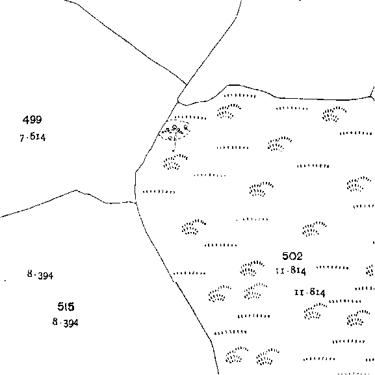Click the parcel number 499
pyautogui.click(x=32, y=120)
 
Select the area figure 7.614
pyautogui.click(x=32, y=137)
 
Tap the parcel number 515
pyautogui.click(x=66, y=306)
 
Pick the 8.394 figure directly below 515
pyautogui.click(x=65, y=322)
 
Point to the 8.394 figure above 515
pyautogui.click(x=40, y=275)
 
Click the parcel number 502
pyautogui.click(x=292, y=256)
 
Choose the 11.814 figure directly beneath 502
pyautogui.click(x=291, y=271)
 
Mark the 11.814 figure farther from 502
pyautogui.click(x=310, y=292)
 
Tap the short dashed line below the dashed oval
pyautogui.click(x=175, y=146)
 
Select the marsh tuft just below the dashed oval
pyautogui.click(x=175, y=162)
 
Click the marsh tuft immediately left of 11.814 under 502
pyautogui.click(x=252, y=268)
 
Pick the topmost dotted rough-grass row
pyautogui.click(x=240, y=96)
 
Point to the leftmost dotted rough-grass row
pyautogui.click(x=159, y=192)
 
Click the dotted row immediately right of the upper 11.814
pyautogui.click(x=332, y=268)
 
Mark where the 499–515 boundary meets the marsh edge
pyautogui.click(x=136, y=203)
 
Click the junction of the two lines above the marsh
pyautogui.click(x=187, y=84)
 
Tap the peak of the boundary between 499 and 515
pyautogui.click(x=76, y=190)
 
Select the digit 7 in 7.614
pyautogui.click(x=22, y=138)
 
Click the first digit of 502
pyautogui.click(x=285, y=256)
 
